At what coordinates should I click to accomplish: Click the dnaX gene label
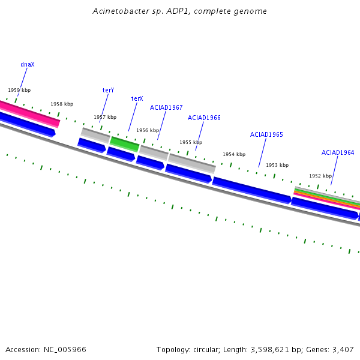(28, 64)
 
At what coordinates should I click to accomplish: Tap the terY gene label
(108, 90)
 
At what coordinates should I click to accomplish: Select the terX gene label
(137, 98)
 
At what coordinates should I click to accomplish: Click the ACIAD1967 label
(166, 107)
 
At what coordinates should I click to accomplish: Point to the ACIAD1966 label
(204, 118)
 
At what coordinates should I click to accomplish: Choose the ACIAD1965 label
(266, 134)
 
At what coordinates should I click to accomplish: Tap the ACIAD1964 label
(338, 152)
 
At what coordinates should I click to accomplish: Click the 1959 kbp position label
(19, 90)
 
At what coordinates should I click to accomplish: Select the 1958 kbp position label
(62, 104)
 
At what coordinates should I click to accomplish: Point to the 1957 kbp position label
(105, 117)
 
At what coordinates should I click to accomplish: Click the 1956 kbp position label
(148, 130)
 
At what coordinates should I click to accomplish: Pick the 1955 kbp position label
(191, 142)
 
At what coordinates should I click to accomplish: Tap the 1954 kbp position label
(234, 154)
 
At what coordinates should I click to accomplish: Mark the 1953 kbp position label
(277, 165)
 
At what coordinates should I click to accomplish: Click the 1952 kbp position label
(320, 176)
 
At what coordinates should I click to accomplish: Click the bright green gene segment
(125, 143)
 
